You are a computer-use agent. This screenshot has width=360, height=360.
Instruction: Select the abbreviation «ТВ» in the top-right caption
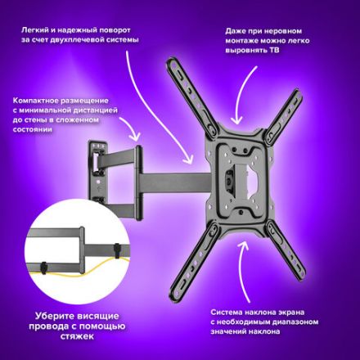tap(273, 51)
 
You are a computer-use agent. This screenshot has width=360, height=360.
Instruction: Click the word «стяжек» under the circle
tap(77, 336)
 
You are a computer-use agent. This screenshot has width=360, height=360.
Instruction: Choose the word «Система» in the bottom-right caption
tap(226, 312)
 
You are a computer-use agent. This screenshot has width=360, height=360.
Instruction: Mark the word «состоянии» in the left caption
tap(32, 129)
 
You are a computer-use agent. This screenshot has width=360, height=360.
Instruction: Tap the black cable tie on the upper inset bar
tap(117, 250)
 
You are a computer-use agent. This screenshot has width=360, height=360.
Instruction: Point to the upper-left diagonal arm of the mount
tap(191, 97)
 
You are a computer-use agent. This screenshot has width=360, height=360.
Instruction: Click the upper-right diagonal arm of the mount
tap(284, 114)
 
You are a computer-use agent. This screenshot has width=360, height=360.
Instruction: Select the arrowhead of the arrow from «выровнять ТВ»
tap(236, 120)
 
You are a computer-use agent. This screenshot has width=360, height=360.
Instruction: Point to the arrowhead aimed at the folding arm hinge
tap(136, 137)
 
